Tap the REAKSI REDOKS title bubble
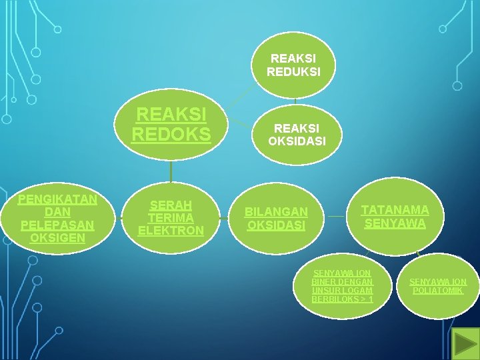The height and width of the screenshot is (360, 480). [x=171, y=124]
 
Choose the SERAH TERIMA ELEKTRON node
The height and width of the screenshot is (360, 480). [x=171, y=217]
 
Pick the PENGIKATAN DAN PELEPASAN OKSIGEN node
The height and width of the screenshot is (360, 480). [x=58, y=218]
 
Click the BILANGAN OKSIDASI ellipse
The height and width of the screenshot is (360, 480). [x=276, y=218]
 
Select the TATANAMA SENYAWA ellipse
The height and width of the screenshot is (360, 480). [x=395, y=217]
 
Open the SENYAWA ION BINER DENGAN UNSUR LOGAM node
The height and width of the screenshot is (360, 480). [x=343, y=286]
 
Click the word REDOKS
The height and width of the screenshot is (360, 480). [x=171, y=134]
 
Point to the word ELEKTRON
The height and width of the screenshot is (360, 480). [x=171, y=231]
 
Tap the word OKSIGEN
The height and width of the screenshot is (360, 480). [x=58, y=238]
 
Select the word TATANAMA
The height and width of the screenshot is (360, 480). [x=395, y=210]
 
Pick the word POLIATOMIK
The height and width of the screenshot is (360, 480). [x=437, y=291]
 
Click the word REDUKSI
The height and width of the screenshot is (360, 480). [x=294, y=71]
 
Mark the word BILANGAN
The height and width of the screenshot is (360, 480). [x=276, y=212]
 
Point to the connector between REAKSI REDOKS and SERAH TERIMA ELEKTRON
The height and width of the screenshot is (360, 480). [x=171, y=171]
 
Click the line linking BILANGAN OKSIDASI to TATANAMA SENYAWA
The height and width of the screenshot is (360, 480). [x=337, y=217]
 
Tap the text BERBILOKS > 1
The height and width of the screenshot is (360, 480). [x=343, y=299]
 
